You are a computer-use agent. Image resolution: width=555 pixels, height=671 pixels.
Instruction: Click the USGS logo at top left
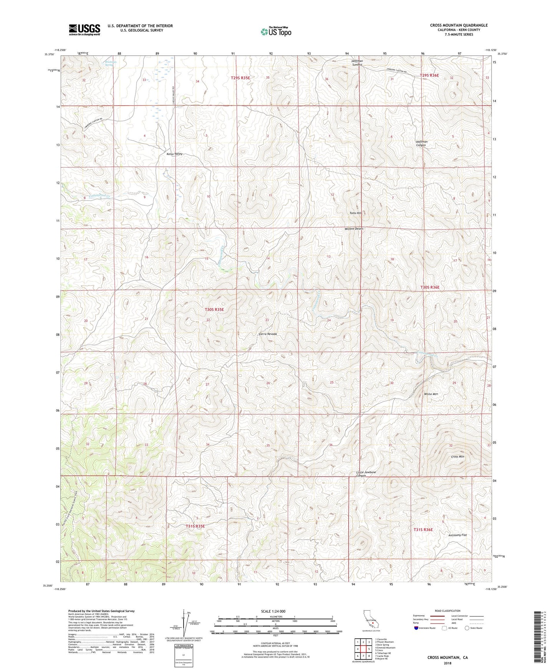(x=84, y=30)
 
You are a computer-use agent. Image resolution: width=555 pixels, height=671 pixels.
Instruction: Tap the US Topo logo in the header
(x=275, y=31)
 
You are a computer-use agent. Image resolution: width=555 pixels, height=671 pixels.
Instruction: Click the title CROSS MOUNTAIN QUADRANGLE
(x=459, y=25)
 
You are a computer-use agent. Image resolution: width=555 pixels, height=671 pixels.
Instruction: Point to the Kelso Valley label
(x=174, y=154)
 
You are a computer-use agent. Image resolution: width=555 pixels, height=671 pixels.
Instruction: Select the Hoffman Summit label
(x=357, y=63)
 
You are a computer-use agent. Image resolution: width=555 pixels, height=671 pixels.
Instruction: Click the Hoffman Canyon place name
(x=421, y=143)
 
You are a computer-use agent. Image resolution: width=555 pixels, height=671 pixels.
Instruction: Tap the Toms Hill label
(x=355, y=213)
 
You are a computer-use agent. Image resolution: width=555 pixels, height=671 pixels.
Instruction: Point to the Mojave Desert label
(x=354, y=229)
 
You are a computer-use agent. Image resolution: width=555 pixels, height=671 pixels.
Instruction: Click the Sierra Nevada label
(x=267, y=334)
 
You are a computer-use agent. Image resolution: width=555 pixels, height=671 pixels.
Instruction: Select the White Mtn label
(x=431, y=394)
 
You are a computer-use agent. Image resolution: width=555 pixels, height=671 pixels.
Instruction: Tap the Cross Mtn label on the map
(x=457, y=457)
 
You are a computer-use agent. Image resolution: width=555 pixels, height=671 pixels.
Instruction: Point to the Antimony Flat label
(x=457, y=535)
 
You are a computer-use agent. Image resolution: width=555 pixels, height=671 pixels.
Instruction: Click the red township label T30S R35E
(x=214, y=309)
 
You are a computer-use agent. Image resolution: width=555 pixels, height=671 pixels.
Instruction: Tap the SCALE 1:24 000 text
(x=273, y=611)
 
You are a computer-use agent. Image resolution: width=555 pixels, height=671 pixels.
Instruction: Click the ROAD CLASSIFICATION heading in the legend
(x=448, y=611)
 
